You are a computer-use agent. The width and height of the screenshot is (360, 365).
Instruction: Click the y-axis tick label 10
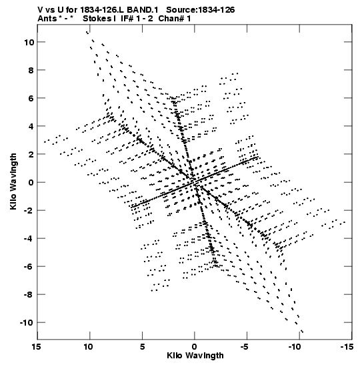point(29,42)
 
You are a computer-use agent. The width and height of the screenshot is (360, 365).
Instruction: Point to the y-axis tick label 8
point(31,70)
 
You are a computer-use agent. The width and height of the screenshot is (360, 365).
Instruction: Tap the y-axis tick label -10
point(27,323)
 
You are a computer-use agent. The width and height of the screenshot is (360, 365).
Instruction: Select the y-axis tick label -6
point(29,267)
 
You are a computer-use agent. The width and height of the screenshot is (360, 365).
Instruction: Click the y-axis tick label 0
point(31,183)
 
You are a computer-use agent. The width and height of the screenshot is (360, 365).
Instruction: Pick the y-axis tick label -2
point(29,211)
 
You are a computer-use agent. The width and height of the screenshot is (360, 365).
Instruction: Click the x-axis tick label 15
point(36,346)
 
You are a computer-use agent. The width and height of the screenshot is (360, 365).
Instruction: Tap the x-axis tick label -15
point(347,346)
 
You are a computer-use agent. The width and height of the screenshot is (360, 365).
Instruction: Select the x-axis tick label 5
point(142,346)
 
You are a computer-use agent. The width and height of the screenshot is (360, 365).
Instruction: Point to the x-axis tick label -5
point(245,346)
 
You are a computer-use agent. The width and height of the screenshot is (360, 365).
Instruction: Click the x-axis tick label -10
point(295,346)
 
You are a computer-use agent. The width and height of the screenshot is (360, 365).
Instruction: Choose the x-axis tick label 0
point(195,346)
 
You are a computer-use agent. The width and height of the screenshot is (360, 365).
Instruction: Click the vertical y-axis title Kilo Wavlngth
point(13,181)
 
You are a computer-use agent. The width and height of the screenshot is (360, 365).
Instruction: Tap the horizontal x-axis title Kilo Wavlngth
point(195,356)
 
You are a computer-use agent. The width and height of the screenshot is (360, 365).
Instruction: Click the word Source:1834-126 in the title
point(200,10)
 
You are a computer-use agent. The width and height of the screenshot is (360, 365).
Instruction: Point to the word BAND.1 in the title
point(143,10)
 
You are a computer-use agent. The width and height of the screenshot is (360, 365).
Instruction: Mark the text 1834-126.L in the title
point(102,10)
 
